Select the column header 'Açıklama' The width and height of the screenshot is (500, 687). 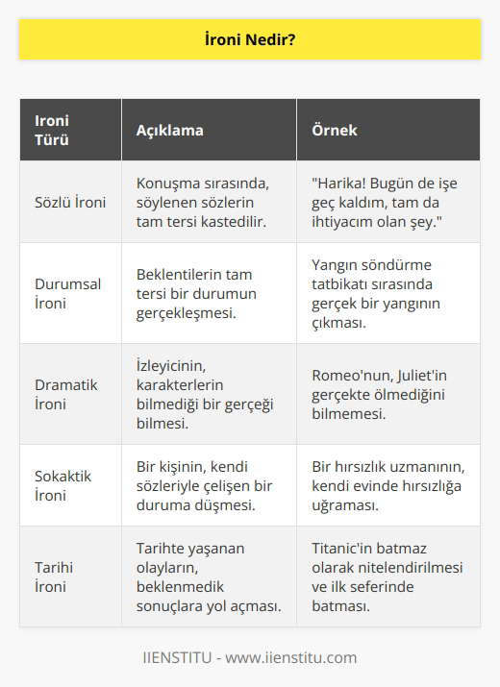[169, 130]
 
